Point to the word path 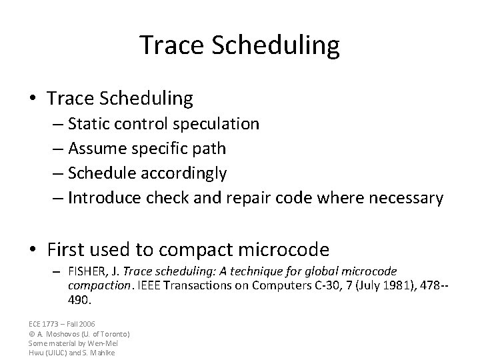(x=211, y=148)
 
